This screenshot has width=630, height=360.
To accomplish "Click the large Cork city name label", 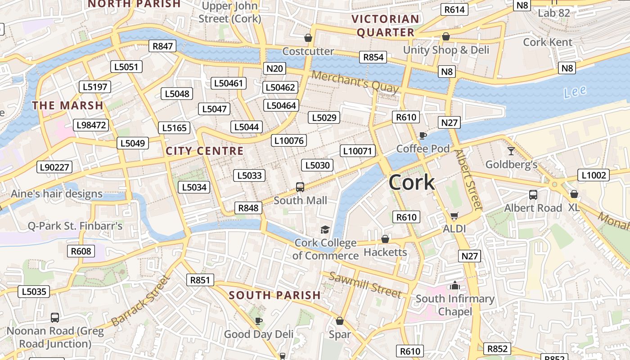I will point(411,182).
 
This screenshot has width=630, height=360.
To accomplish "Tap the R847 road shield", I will point(162,46).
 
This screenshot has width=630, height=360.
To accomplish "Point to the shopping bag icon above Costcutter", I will point(308,38).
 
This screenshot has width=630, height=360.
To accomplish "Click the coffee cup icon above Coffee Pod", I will point(422,135).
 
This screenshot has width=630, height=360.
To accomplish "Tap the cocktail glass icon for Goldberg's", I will point(511,151).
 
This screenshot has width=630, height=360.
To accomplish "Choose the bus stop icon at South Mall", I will point(300,187).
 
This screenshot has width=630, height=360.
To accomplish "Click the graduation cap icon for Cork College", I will point(325,230).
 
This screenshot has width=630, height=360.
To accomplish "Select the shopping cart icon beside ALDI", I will point(454,216).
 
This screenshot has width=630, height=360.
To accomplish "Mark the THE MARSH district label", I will point(67,106).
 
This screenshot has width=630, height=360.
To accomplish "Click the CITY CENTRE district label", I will point(205,151).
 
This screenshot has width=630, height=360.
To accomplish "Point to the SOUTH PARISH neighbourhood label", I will point(274,296).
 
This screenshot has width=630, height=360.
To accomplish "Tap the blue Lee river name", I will point(575,92).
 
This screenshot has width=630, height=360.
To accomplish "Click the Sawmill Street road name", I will point(364,285).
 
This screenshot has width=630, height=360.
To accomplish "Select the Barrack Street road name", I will point(141,301).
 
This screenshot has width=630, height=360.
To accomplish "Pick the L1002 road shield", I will point(593,175).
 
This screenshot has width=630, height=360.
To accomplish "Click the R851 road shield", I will point(200,280).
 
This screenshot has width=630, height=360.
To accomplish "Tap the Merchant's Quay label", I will point(355,82).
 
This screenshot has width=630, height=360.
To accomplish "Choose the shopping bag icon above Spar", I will point(340,321).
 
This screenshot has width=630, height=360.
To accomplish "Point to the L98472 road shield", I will point(92,125).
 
